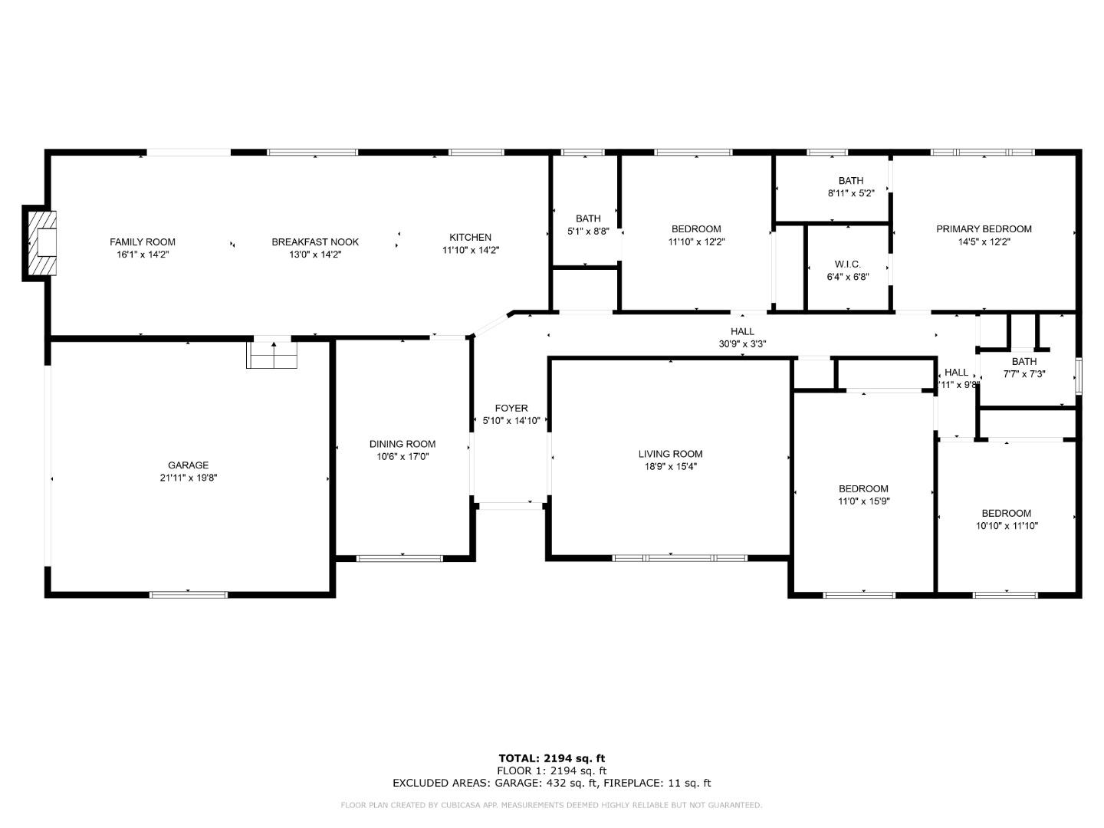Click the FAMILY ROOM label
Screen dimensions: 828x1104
point(143,242)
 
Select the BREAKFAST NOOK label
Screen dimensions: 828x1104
point(315,242)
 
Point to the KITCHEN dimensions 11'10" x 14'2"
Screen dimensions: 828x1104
point(471,250)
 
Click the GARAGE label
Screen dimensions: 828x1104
point(189,465)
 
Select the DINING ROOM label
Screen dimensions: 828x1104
point(402,443)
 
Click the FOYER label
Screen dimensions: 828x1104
point(511,408)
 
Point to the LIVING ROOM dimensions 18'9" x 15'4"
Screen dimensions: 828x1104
point(671,466)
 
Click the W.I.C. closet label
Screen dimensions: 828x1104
point(847,264)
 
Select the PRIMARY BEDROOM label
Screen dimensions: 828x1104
point(984,228)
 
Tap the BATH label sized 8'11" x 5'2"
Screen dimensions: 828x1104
point(851,181)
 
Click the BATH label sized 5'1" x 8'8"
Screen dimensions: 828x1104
point(588,219)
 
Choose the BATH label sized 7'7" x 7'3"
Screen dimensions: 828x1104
point(1024,361)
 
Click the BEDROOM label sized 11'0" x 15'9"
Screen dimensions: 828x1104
point(863,488)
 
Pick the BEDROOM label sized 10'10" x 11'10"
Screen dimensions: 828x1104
point(1007,513)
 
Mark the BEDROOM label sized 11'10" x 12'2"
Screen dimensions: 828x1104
point(696,228)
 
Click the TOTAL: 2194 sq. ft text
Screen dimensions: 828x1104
point(552,758)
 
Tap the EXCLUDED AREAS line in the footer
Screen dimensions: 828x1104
point(552,783)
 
